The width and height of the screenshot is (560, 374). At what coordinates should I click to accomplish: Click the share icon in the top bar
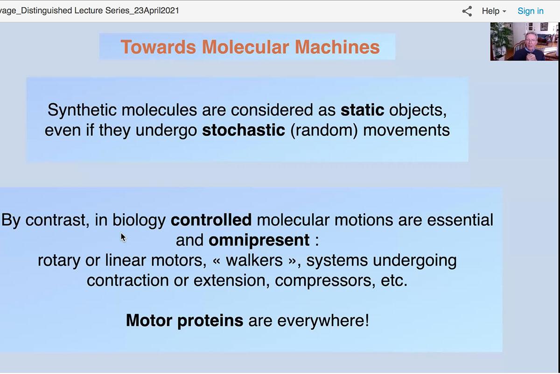[x=467, y=11]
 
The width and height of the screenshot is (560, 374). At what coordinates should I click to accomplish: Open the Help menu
[x=494, y=11]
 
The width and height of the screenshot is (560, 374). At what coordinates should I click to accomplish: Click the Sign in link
[x=530, y=11]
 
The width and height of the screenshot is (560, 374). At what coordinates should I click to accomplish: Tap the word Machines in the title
[x=337, y=47]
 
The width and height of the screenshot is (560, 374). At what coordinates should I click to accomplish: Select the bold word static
[x=362, y=110]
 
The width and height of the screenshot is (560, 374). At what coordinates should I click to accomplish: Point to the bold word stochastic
[x=243, y=130]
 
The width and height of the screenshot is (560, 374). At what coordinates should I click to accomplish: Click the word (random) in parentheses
[x=324, y=131]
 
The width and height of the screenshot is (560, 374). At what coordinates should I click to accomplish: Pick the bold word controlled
[x=211, y=220]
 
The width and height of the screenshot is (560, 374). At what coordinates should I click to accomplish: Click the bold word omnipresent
[x=259, y=240]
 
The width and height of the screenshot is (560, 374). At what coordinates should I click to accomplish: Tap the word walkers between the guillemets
[x=254, y=260]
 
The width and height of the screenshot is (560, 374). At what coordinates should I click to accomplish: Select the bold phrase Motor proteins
[x=184, y=320]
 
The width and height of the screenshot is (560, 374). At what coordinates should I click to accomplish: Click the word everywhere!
[x=323, y=321]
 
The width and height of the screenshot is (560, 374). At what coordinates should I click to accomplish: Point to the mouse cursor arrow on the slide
[x=123, y=237]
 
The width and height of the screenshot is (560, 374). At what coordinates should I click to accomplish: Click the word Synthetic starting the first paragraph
[x=82, y=110]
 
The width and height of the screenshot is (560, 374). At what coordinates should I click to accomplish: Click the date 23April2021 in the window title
[x=156, y=11]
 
